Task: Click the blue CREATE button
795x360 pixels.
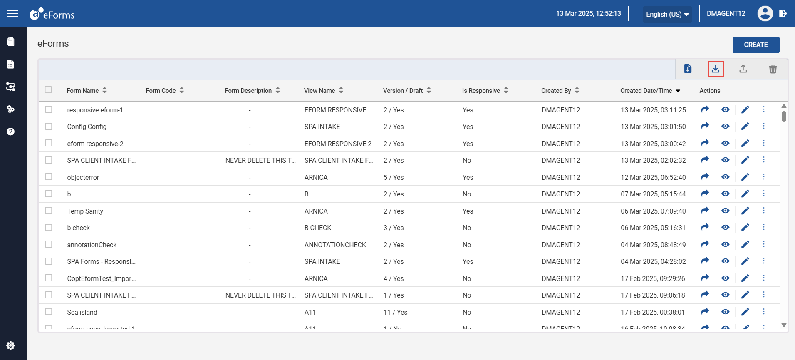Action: click(756, 45)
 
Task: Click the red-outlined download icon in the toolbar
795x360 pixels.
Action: click(716, 69)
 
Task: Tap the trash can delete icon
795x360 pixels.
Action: click(773, 69)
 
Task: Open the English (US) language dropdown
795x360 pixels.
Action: click(667, 14)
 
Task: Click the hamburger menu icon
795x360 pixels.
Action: click(13, 14)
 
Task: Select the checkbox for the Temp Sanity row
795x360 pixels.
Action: click(49, 211)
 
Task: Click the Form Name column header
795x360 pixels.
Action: click(83, 90)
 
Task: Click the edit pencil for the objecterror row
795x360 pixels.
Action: click(745, 177)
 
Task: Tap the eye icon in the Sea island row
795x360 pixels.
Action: click(726, 312)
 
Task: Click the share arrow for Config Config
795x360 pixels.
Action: click(705, 126)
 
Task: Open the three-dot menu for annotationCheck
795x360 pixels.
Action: click(764, 244)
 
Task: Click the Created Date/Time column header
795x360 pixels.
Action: click(646, 90)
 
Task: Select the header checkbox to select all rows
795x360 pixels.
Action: click(48, 90)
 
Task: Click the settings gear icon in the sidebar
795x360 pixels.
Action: click(11, 345)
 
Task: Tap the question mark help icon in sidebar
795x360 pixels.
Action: click(11, 132)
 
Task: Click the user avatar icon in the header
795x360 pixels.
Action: click(765, 14)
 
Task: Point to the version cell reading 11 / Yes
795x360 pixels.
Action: click(395, 312)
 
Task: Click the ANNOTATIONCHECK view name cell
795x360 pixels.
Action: click(335, 245)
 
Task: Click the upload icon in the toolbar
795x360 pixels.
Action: click(743, 69)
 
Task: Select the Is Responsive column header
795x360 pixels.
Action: click(481, 90)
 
